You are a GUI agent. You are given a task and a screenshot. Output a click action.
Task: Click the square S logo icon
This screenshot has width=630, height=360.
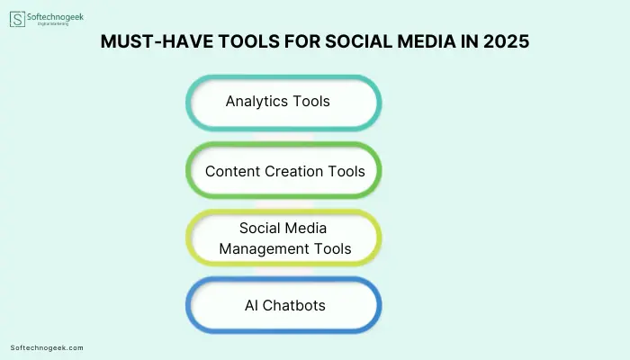pyautogui.click(x=17, y=19)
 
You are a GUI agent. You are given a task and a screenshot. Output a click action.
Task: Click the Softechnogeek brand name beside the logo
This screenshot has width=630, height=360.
pyautogui.click(x=55, y=17)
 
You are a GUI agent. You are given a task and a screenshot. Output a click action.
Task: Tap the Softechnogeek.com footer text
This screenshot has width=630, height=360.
pyautogui.click(x=47, y=348)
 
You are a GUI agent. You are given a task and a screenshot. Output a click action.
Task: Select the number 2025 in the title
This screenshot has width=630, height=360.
pyautogui.click(x=506, y=41)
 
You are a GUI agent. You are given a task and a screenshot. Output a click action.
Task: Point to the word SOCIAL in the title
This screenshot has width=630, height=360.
pyautogui.click(x=358, y=41)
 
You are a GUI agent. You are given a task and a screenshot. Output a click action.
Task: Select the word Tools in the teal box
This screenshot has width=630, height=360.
pyautogui.click(x=311, y=101)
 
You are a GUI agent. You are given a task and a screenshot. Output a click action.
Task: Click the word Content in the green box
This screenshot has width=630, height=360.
pyautogui.click(x=233, y=172)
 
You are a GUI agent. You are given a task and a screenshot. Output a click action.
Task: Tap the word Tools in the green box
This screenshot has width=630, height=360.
pyautogui.click(x=346, y=172)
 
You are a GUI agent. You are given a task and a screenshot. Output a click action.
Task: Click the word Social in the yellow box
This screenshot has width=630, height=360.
pyautogui.click(x=259, y=229)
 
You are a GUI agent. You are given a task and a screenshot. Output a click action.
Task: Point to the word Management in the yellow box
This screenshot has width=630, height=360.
pyautogui.click(x=264, y=249)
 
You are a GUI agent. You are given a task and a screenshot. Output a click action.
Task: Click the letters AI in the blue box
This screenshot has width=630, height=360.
pyautogui.click(x=251, y=306)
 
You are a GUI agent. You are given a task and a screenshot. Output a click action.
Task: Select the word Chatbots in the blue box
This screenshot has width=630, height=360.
pyautogui.click(x=294, y=306)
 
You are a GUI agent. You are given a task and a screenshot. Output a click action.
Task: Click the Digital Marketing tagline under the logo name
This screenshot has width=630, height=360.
pyautogui.click(x=53, y=24)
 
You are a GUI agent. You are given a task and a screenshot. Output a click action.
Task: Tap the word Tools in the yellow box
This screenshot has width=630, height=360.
pyautogui.click(x=332, y=249)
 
